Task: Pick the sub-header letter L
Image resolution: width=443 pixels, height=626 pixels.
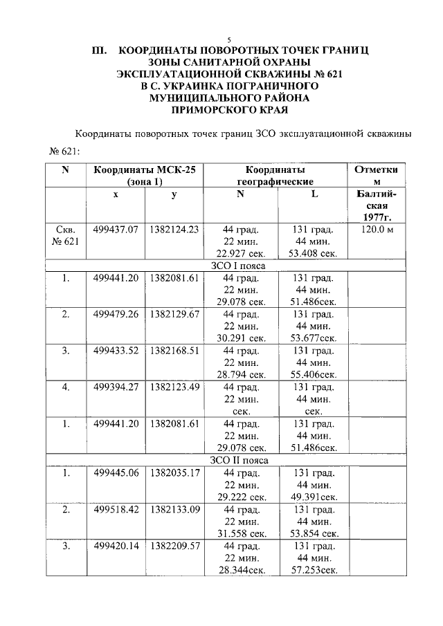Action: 314,195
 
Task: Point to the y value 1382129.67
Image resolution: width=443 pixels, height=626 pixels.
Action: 174,314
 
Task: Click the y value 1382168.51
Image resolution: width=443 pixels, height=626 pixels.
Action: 174,351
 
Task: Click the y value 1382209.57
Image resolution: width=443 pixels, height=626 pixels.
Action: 174,546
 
